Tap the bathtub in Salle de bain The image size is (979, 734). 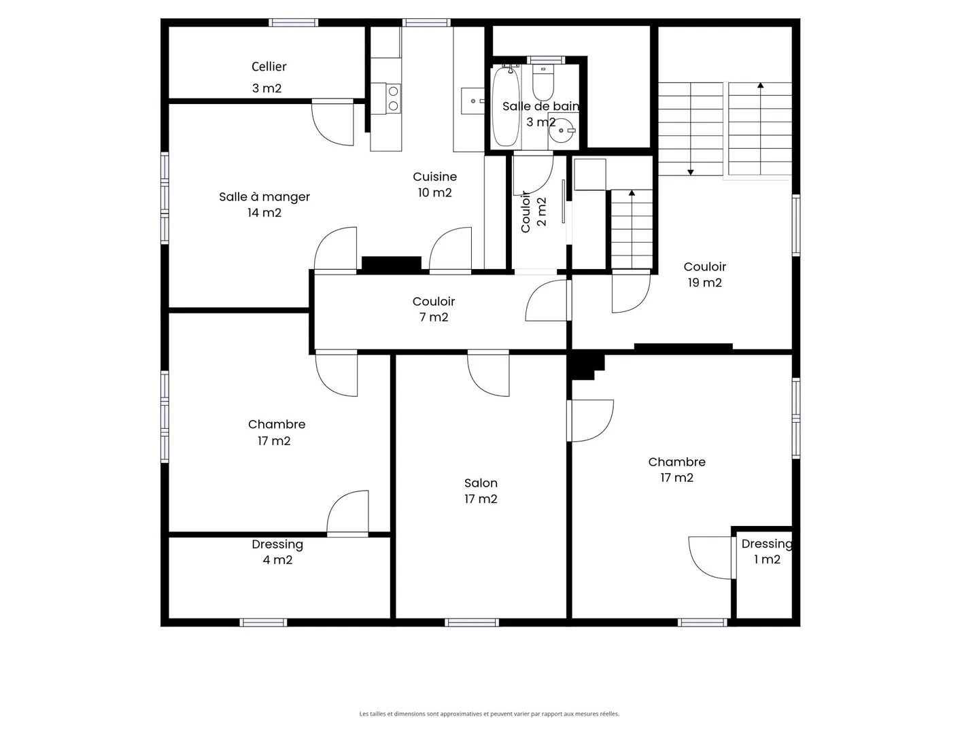[x=506, y=106]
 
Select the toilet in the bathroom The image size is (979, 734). [x=543, y=84]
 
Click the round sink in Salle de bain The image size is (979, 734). [x=562, y=130]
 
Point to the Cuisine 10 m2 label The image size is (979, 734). [x=434, y=184]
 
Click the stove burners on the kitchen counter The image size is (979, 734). [x=393, y=99]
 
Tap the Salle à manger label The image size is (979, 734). [x=264, y=204]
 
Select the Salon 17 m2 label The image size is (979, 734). [x=481, y=491]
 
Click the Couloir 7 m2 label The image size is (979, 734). [x=433, y=309]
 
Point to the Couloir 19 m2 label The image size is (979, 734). [x=704, y=275]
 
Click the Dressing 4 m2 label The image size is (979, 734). [x=277, y=552]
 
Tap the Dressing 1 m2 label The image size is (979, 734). [x=767, y=551]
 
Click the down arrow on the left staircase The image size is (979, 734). [x=690, y=171]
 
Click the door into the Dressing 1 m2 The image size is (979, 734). [x=711, y=557]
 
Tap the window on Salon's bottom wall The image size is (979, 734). [x=472, y=623]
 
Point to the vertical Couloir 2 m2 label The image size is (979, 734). [x=534, y=211]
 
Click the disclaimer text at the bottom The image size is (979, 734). [x=489, y=714]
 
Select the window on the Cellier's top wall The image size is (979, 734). [x=293, y=22]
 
